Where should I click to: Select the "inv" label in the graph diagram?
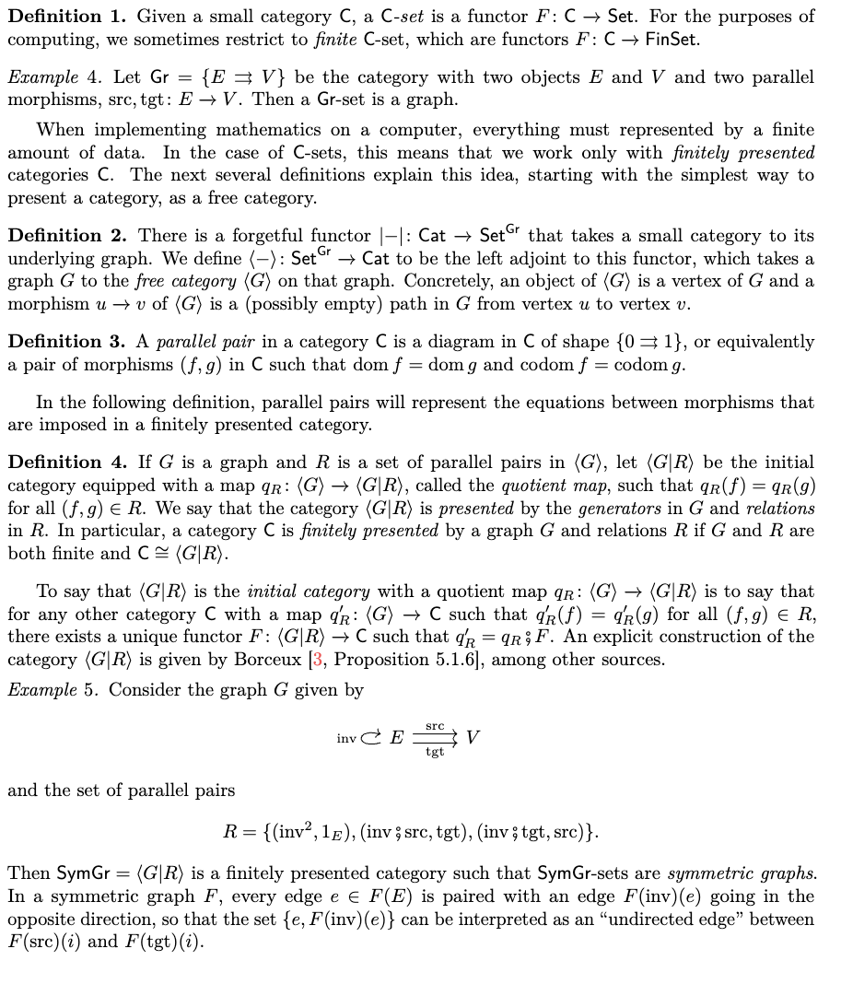click(x=346, y=738)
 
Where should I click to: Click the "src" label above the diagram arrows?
click(x=435, y=726)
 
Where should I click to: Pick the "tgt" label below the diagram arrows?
click(x=435, y=752)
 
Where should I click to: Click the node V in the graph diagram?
click(x=473, y=737)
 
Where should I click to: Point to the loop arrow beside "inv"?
click(x=370, y=737)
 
